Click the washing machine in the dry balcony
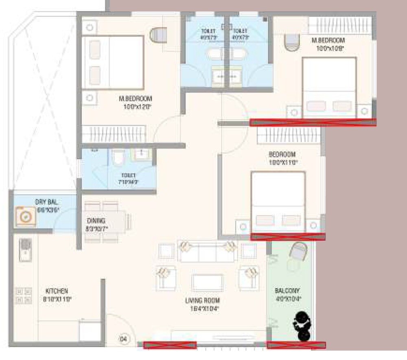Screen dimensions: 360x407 [26, 217]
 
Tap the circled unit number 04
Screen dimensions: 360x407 [123, 338]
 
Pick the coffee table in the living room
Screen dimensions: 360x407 [208, 283]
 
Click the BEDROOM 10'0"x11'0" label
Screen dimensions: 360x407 [282, 158]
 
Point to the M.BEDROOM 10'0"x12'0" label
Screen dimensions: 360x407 [135, 102]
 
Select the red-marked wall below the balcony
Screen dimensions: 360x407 [296, 345]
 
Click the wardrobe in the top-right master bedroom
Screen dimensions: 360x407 [339, 26]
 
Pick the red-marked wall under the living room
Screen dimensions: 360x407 [170, 345]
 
